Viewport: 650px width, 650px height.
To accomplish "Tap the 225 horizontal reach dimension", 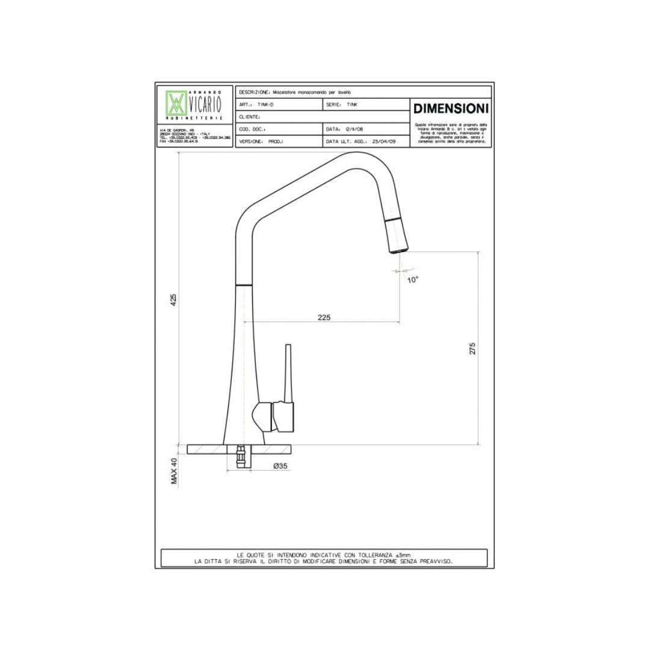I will coord(324,317).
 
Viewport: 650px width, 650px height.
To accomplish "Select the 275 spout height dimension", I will coord(472,348).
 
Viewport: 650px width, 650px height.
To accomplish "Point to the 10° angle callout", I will coord(412,280).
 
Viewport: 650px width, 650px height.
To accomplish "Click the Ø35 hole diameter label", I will coord(279,465).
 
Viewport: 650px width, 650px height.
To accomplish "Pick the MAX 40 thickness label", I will coord(174,471).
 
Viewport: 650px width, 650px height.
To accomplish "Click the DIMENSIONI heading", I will coord(451,109).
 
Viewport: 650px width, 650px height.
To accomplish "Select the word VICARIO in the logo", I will coord(205,105).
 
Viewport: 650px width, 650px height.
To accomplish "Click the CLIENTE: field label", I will coord(249,117).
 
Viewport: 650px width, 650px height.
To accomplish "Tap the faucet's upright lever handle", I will coord(287,373).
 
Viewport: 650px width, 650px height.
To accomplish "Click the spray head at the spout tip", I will coord(397,235).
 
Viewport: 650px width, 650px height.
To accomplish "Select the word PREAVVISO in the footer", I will coord(431,561).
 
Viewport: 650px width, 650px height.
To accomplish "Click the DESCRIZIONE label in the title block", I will coord(255,92).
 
